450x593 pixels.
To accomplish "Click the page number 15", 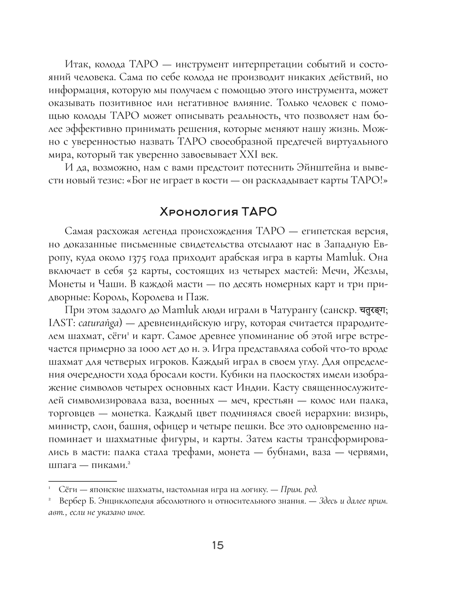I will tap(217, 546).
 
